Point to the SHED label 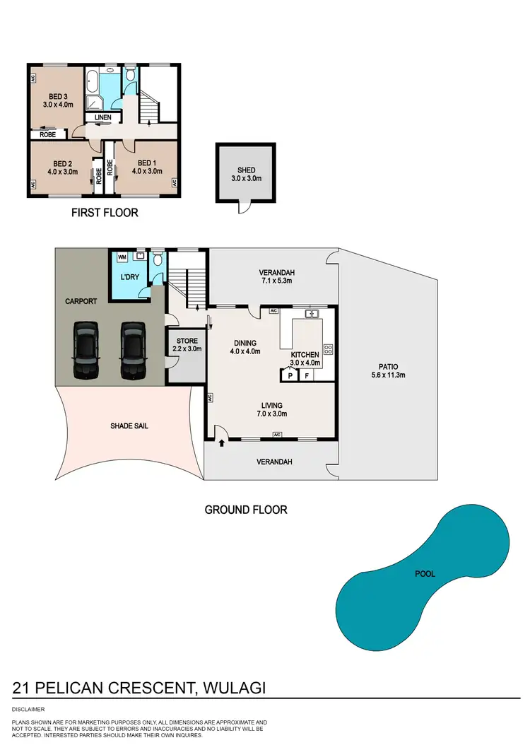[x=245, y=169]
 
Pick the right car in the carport [x=131, y=349]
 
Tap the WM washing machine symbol [x=121, y=257]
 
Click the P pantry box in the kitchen [x=290, y=376]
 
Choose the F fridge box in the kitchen [x=306, y=376]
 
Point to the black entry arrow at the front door [x=223, y=443]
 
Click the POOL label [x=425, y=574]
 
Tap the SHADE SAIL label [x=129, y=426]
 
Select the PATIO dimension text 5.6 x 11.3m [x=385, y=375]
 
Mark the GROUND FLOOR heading [x=246, y=509]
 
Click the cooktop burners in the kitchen [x=328, y=349]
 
